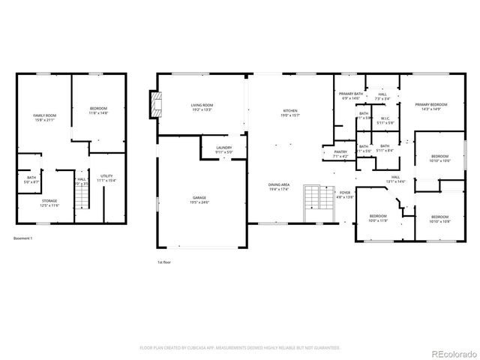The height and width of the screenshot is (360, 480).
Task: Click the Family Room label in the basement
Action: pos(44,117)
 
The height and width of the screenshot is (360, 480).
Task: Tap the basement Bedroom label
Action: pos(98,110)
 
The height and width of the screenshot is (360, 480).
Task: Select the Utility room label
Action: pos(106,178)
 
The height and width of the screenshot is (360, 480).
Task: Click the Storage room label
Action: pos(49,202)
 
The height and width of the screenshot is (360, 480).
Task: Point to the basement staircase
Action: pos(82,196)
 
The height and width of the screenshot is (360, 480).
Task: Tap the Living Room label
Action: pos(201,107)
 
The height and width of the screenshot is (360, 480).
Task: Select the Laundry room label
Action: pos(223,149)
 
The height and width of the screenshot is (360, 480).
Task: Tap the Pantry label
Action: pos(340,154)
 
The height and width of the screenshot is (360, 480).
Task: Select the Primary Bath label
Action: pos(350,96)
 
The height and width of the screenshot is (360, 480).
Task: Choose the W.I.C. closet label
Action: pos(384,120)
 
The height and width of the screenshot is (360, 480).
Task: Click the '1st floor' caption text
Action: pos(165,262)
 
